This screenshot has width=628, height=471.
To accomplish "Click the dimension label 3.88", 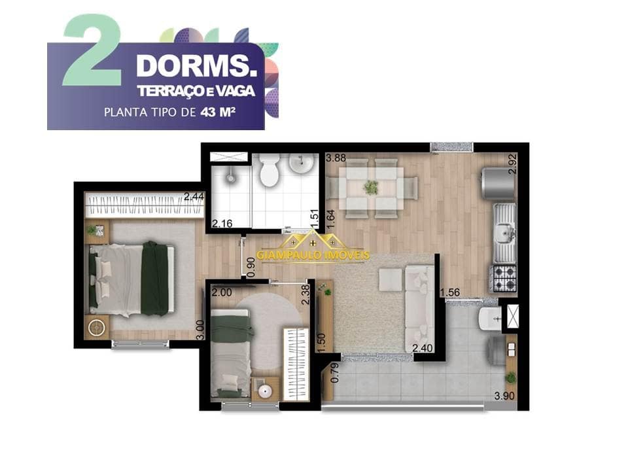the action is (336, 158).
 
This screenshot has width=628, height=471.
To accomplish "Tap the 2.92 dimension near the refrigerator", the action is (513, 164).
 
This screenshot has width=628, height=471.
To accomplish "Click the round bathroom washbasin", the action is (301, 164).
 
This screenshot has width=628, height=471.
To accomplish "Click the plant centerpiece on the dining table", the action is (372, 188).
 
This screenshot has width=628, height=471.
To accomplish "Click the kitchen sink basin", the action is (504, 232).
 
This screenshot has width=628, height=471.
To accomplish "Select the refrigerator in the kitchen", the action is (498, 184).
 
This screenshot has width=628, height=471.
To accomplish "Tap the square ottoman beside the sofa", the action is (391, 279).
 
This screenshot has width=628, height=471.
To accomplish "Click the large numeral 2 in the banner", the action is (92, 50).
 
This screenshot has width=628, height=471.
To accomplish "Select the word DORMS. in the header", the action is (197, 65).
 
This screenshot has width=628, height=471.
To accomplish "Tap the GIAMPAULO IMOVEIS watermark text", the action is (313, 254).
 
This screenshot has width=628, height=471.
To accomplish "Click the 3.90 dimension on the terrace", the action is (504, 396).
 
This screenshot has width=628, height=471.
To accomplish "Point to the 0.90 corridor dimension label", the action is (251, 267).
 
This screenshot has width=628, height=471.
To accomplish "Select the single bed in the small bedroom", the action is (231, 353).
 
